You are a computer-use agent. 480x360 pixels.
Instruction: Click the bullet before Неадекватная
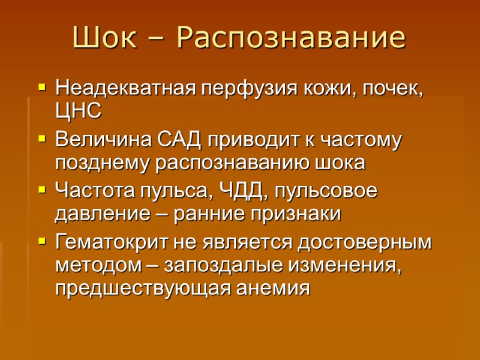coord(41,88)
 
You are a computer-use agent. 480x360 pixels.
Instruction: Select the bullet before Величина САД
coord(41,140)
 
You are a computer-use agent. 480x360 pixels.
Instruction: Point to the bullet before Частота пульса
coord(41,191)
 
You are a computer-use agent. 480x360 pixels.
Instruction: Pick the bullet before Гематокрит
coord(41,242)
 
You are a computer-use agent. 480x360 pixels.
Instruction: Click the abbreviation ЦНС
coord(78,111)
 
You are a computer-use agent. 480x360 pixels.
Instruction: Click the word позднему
coord(104,163)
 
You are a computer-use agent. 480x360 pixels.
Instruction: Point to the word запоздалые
coord(232,265)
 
